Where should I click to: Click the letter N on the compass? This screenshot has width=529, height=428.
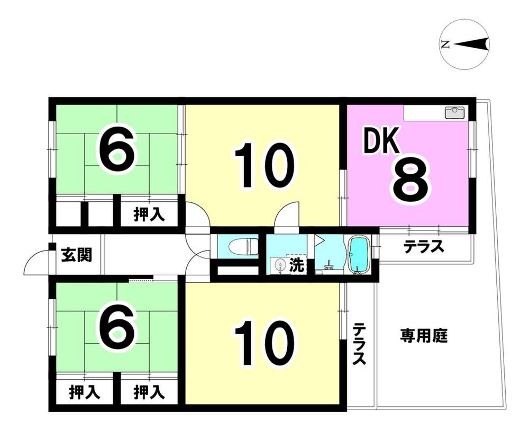coord(445,44)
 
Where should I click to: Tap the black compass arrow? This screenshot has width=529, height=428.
coord(471,44)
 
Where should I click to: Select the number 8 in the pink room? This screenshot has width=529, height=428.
coord(411,181)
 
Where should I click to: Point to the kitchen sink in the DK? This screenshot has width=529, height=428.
coord(455,112)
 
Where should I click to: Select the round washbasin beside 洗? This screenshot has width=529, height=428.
coord(279,265)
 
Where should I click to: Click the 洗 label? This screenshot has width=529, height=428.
coord(297,265)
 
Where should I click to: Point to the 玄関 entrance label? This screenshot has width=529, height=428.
coord(77,254)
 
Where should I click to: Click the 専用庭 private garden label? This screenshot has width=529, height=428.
coord(424,336)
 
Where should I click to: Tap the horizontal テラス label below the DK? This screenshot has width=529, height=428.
coord(424,246)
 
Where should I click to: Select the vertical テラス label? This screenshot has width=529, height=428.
coord(359,344)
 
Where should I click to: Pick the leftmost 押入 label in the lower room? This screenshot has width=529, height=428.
coord(85,393)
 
